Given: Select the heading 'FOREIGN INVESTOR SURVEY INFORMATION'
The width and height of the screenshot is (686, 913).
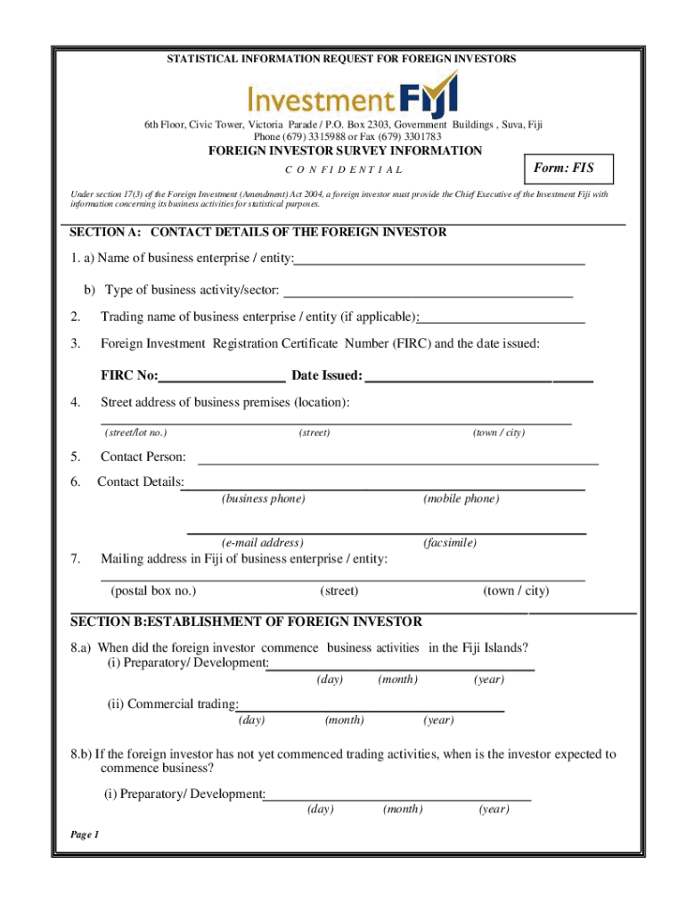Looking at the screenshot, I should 345,151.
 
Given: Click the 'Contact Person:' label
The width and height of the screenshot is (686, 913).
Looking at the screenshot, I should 143,456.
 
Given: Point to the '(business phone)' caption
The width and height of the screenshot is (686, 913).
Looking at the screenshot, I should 263,498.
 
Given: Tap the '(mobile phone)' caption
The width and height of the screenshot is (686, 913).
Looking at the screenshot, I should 461,498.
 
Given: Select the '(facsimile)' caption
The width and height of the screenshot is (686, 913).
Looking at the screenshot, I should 449,542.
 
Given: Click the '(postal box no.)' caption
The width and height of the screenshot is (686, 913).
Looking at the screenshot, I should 152,591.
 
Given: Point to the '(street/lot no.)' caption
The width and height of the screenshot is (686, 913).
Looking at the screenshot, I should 135,432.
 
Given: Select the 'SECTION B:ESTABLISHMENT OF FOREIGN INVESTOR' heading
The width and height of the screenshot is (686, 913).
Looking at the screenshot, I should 246,621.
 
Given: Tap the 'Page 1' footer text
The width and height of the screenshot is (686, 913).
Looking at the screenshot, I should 84,835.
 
